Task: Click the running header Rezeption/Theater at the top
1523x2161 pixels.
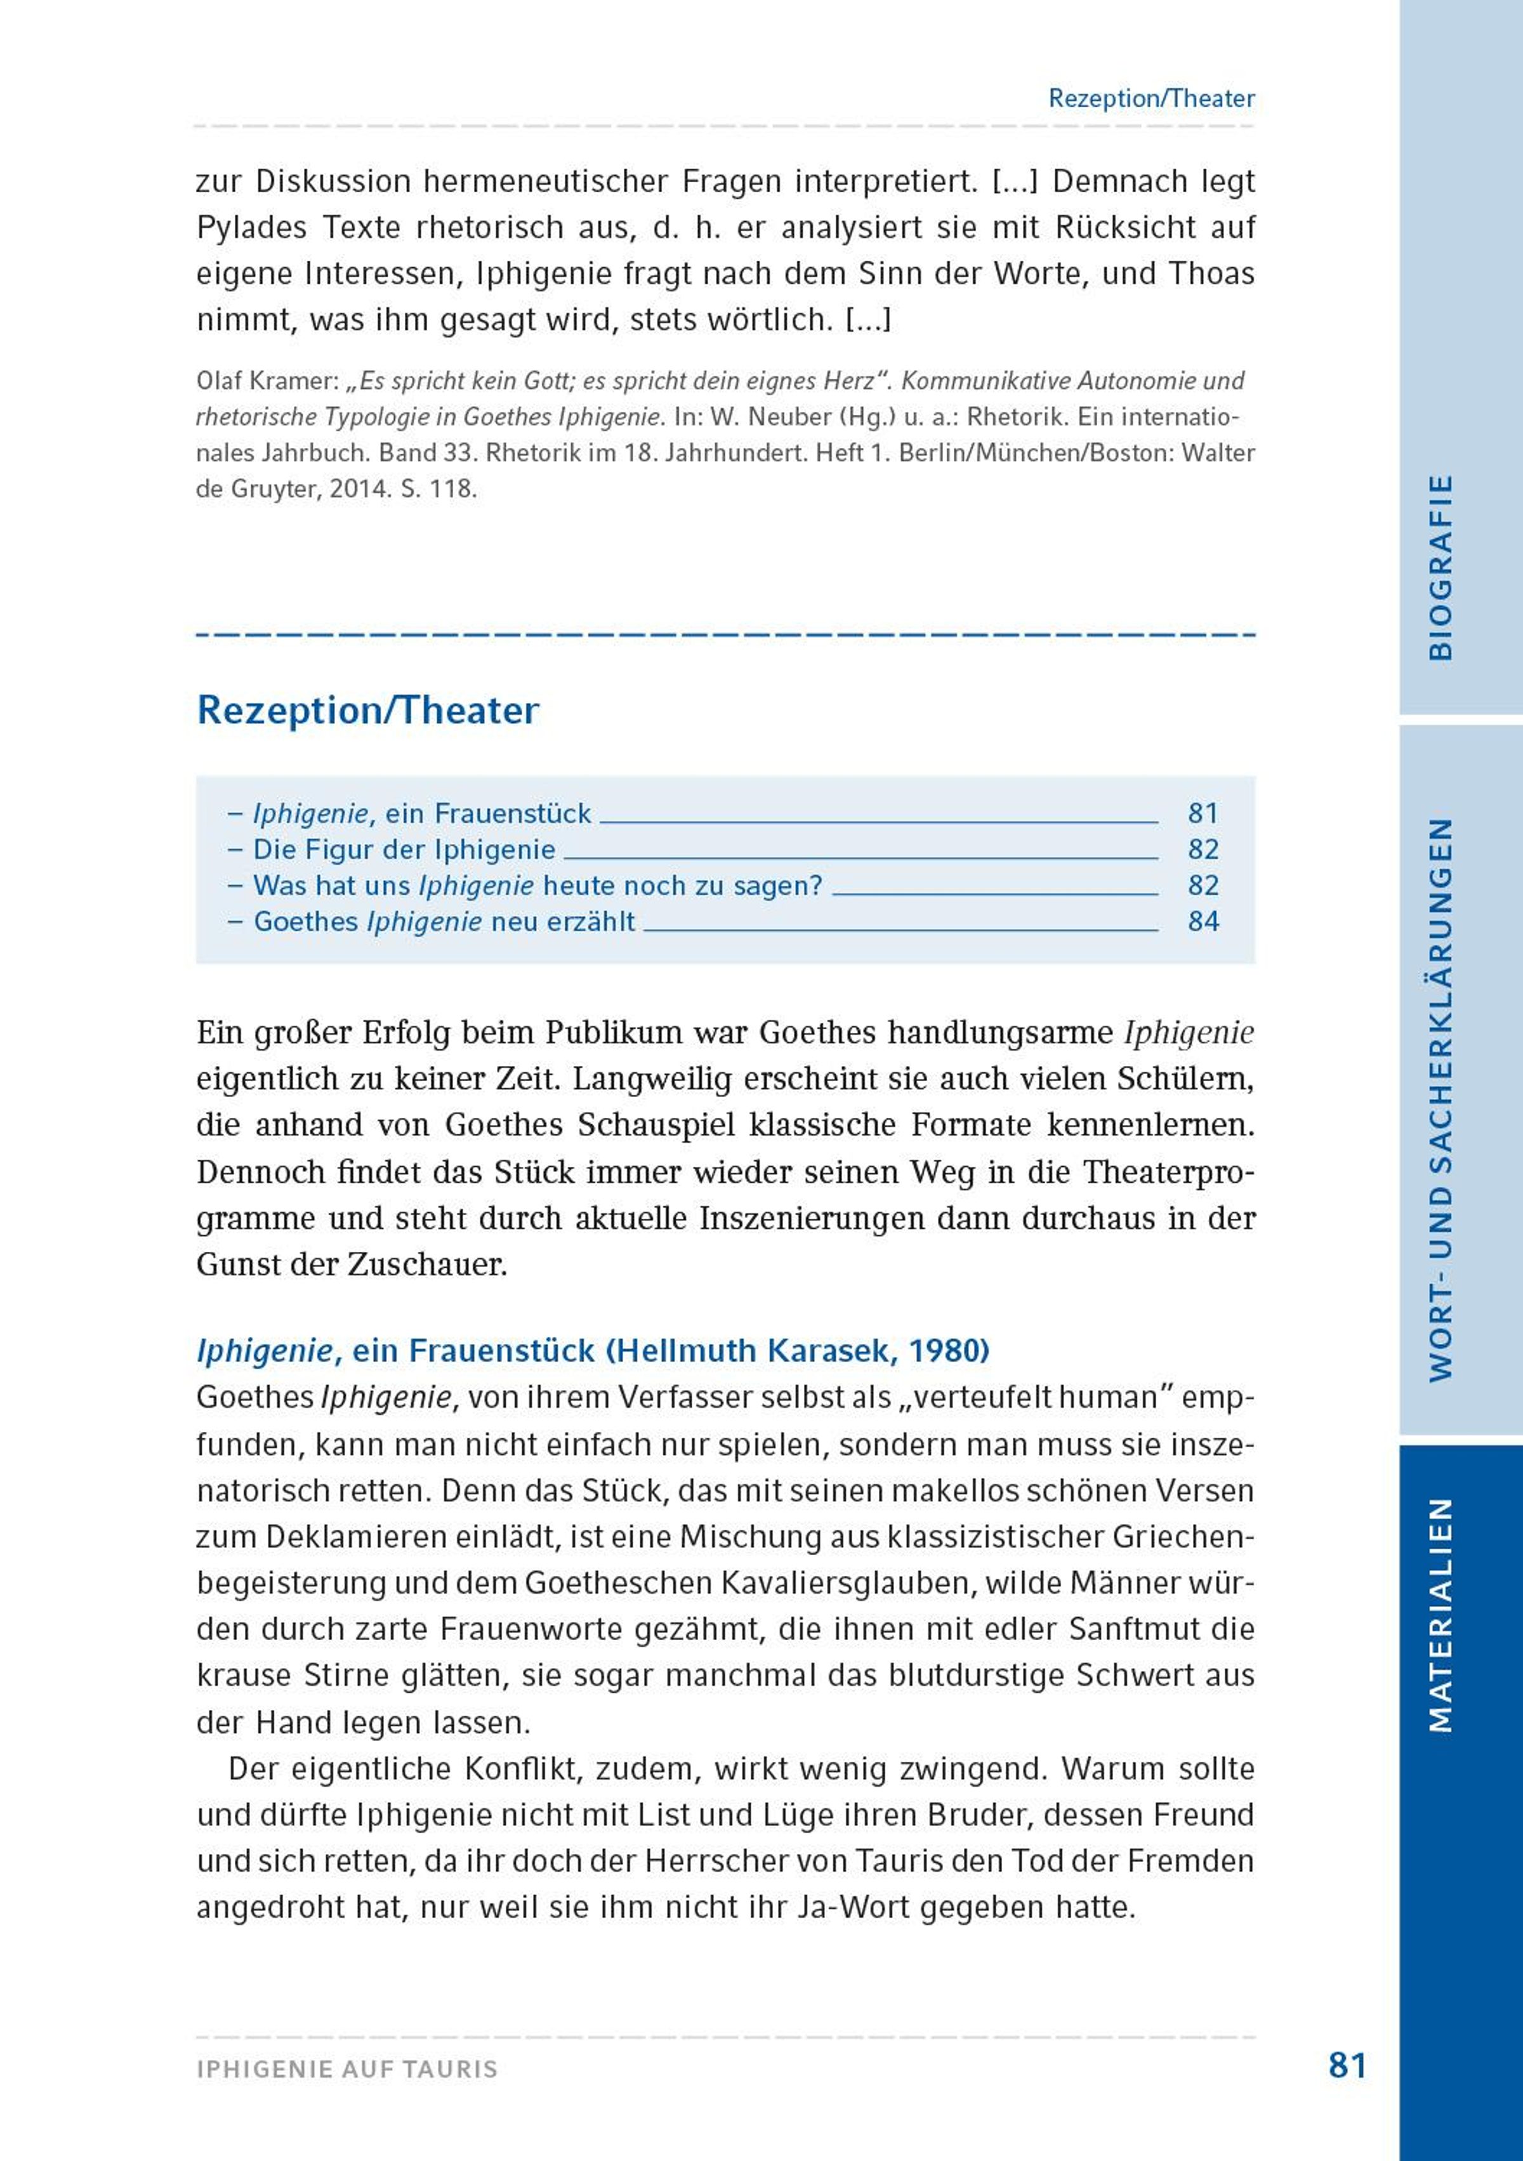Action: point(1151,99)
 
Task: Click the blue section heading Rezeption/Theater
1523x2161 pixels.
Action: point(367,711)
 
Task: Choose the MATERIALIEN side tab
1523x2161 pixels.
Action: point(1440,1614)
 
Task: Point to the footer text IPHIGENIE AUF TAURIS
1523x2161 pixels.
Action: point(347,2069)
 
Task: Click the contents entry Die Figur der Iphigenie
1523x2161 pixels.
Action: point(405,850)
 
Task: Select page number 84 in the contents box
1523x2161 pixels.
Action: point(1203,921)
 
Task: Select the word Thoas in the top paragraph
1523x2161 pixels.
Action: point(1211,274)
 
